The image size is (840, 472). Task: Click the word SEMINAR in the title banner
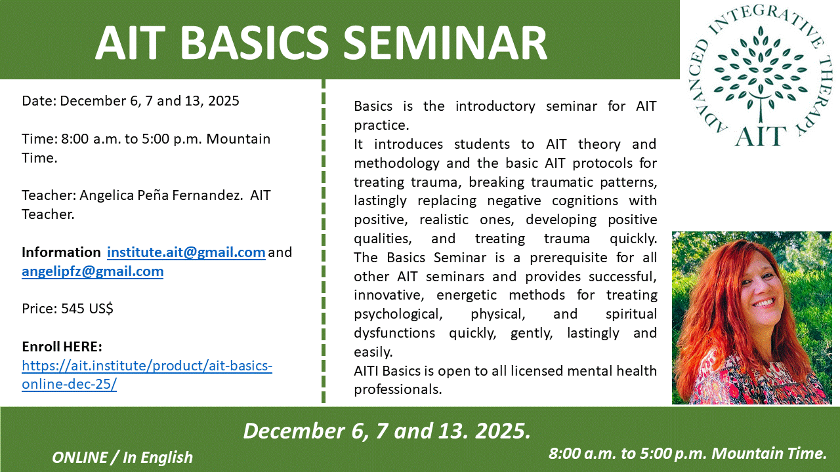click(x=445, y=43)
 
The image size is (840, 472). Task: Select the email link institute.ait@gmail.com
click(x=186, y=252)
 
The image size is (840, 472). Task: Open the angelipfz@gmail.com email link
click(x=93, y=271)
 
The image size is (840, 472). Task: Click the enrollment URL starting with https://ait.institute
click(x=147, y=374)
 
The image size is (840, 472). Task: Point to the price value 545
click(x=72, y=309)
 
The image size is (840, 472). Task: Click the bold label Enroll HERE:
click(x=62, y=347)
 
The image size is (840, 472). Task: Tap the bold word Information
click(x=61, y=252)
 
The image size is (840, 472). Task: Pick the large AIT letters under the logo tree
click(x=760, y=136)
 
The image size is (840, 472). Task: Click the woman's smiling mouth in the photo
click(x=764, y=302)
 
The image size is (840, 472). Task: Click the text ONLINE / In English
click(x=122, y=458)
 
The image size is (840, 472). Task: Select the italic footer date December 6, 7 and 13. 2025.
click(x=387, y=431)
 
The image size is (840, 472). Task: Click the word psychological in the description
click(x=398, y=314)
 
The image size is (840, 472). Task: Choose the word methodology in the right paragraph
click(x=396, y=163)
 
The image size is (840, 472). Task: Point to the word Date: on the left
click(x=39, y=101)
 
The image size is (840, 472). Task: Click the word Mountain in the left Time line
click(x=238, y=139)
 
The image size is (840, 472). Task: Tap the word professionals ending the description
click(x=398, y=389)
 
